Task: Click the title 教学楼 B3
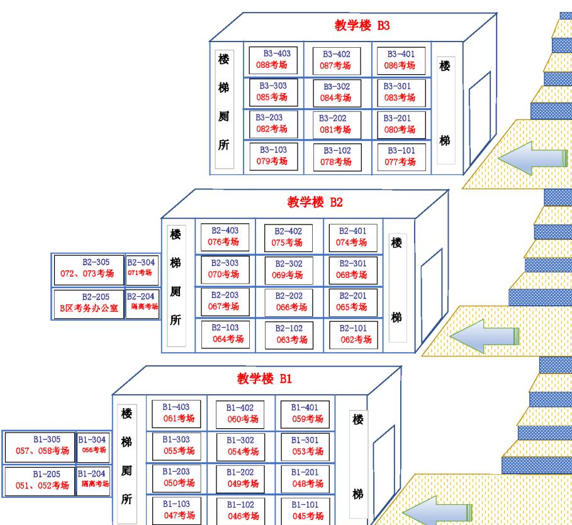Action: pyautogui.click(x=362, y=26)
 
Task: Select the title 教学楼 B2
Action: pyautogui.click(x=315, y=202)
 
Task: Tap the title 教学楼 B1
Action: pyautogui.click(x=264, y=379)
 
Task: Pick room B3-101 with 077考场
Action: pyautogui.click(x=401, y=157)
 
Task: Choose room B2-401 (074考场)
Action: pyautogui.click(x=352, y=236)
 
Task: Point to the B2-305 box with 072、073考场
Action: pyautogui.click(x=88, y=268)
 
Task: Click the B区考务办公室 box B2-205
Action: pyautogui.click(x=88, y=303)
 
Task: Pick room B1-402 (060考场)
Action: pyautogui.click(x=240, y=414)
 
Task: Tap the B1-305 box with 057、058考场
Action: pyautogui.click(x=40, y=445)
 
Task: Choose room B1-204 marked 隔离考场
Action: pyautogui.click(x=94, y=478)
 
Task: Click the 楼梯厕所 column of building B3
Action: pyautogui.click(x=224, y=109)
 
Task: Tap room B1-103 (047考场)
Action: pyautogui.click(x=176, y=509)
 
